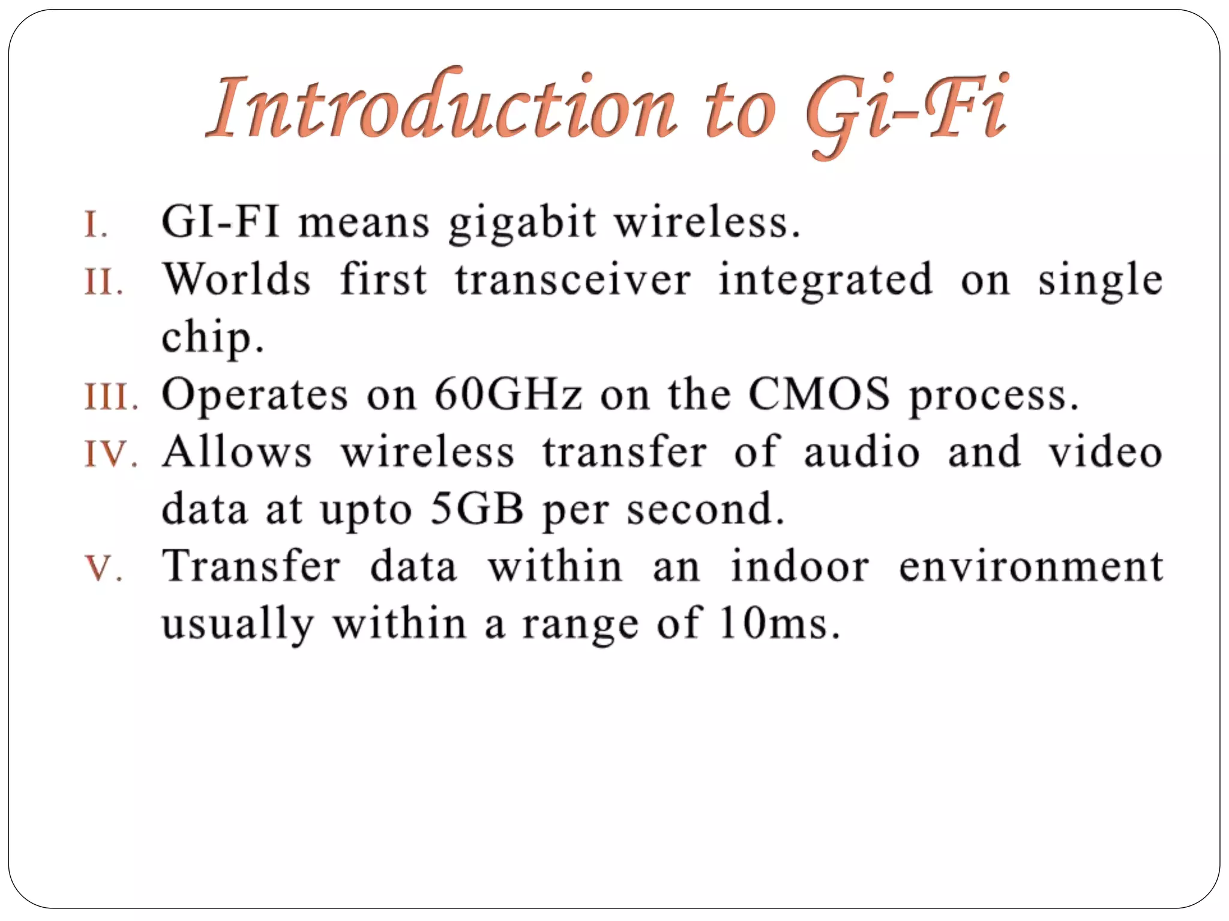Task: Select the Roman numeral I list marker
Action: click(x=96, y=225)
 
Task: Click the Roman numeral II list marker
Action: click(x=104, y=282)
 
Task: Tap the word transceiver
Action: click(x=572, y=280)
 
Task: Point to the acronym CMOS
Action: click(x=819, y=395)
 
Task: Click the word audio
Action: click(x=861, y=452)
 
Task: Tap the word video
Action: click(x=1105, y=452)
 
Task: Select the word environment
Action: click(x=1030, y=567)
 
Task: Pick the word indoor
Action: click(x=799, y=567)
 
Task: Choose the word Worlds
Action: click(x=237, y=280)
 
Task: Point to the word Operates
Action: click(x=255, y=395)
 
